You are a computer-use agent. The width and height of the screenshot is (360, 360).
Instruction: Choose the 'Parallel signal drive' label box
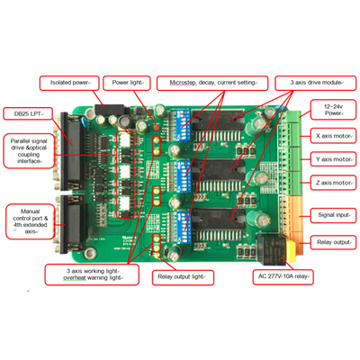[30, 153]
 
